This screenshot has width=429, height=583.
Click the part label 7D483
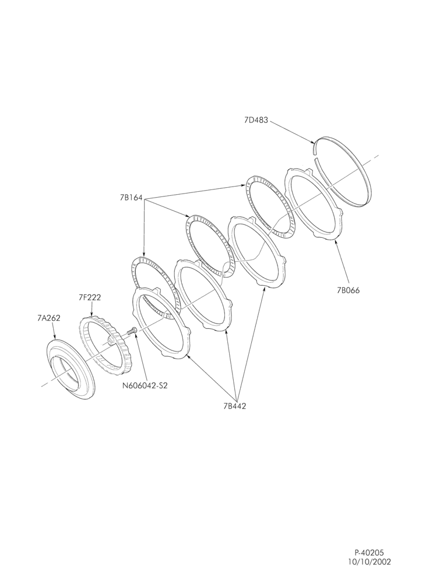(x=256, y=120)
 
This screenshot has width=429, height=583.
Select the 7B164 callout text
(x=131, y=198)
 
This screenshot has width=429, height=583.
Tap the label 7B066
(x=349, y=291)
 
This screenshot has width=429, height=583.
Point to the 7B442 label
(x=234, y=406)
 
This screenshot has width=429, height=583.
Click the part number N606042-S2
(x=145, y=385)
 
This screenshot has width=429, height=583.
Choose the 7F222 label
(x=90, y=297)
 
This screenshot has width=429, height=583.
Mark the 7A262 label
(x=49, y=318)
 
